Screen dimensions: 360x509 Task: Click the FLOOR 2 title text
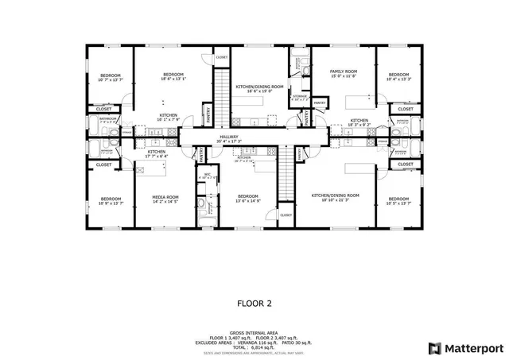tap(254, 303)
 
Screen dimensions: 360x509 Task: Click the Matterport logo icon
tap(434, 347)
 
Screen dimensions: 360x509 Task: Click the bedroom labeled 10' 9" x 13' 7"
tap(110, 200)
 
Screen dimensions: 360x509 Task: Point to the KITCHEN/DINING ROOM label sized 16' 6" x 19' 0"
tap(259, 88)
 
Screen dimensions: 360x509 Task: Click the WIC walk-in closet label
tap(206, 176)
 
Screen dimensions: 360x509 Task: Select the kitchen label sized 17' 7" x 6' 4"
tap(156, 153)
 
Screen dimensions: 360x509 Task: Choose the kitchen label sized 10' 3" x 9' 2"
tap(359, 122)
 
